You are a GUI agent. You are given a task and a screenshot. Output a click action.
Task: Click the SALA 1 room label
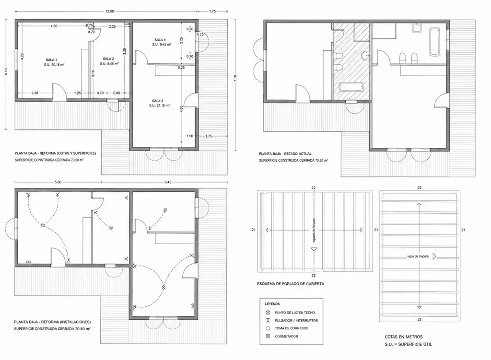pyautogui.click(x=51, y=60)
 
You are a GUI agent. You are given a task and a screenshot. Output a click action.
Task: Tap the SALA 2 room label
pyautogui.click(x=108, y=59)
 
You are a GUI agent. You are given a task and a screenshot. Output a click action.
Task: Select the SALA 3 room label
pyautogui.click(x=157, y=101)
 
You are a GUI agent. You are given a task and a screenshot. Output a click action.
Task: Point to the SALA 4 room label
pyautogui.click(x=160, y=40)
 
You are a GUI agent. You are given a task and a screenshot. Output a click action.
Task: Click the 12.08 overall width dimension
pyautogui.click(x=110, y=12)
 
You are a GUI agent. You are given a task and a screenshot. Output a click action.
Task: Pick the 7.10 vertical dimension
pyautogui.click(x=235, y=78)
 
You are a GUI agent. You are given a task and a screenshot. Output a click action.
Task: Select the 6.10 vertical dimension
pyautogui.click(x=6, y=72)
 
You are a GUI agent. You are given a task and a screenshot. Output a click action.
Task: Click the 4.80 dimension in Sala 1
pyautogui.click(x=54, y=26)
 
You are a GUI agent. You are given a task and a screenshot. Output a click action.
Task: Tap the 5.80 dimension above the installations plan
pyautogui.click(x=58, y=182)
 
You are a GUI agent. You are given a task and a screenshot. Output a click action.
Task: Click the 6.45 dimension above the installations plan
pyautogui.click(x=168, y=182)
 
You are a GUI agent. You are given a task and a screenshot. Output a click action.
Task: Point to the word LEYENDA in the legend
pyautogui.click(x=272, y=303)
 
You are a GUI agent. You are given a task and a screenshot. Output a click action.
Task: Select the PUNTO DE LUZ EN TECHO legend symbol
pyautogui.click(x=268, y=313)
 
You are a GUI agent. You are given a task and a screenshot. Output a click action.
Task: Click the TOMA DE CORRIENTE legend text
pyautogui.click(x=292, y=328)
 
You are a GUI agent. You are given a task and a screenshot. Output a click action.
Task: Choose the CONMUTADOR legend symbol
pyautogui.click(x=268, y=336)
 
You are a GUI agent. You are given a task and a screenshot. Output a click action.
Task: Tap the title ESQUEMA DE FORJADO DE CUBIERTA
pyautogui.click(x=291, y=284)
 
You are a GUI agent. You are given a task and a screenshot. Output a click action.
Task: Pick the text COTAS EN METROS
pyautogui.click(x=404, y=337)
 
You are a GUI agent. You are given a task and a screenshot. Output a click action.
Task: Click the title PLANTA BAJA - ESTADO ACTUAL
pyautogui.click(x=285, y=154)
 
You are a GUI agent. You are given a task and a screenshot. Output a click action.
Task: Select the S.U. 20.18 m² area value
pyautogui.click(x=54, y=65)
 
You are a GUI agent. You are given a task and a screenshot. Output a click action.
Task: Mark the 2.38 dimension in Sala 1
pyautogui.click(x=35, y=93)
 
